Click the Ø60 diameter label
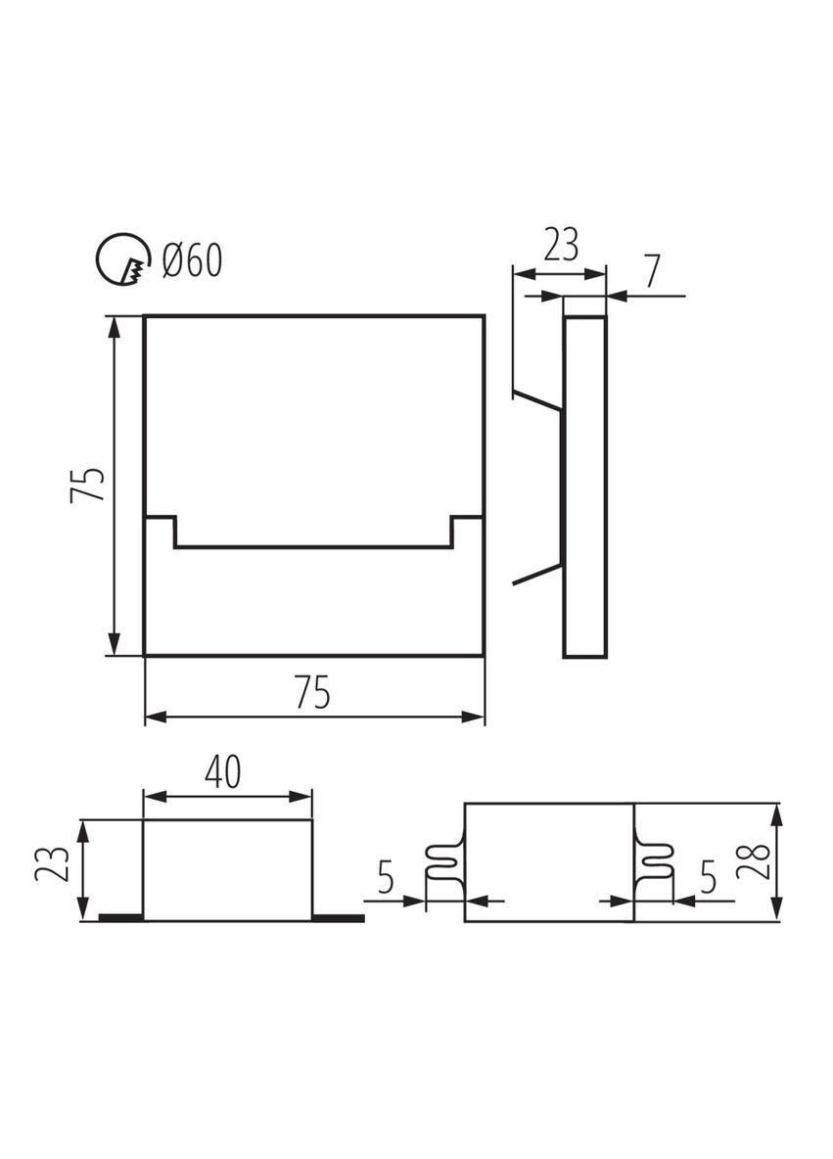click(193, 261)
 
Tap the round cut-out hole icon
click(122, 260)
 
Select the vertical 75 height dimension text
click(88, 486)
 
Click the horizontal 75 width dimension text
click(312, 693)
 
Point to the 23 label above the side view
click(560, 245)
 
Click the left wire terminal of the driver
click(444, 862)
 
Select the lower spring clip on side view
click(537, 575)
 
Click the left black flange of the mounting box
click(120, 917)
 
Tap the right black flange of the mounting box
click(338, 917)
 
